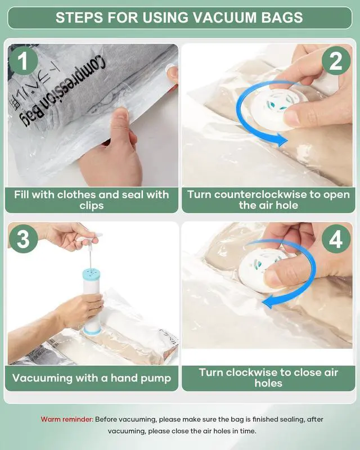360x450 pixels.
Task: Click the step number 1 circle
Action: click(x=24, y=61)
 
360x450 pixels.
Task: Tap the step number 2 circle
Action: click(x=336, y=61)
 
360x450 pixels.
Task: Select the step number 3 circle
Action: click(x=24, y=238)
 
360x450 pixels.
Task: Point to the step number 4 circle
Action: click(x=336, y=238)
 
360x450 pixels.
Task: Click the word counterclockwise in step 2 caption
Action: click(x=260, y=195)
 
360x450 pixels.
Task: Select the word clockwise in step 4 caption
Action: click(x=249, y=372)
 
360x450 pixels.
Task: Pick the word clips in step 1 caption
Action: click(x=92, y=206)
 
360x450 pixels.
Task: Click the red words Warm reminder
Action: click(x=67, y=419)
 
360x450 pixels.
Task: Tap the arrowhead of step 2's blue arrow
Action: click(x=281, y=140)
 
